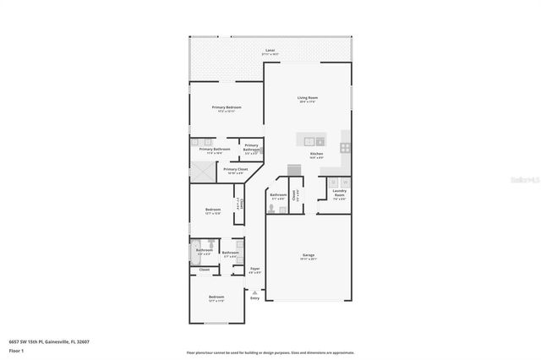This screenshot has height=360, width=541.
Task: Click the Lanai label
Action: [270, 52]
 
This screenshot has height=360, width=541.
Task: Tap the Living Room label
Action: [307, 99]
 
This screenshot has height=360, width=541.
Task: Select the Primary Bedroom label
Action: [226, 109]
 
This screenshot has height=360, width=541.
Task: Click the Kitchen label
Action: [316, 155]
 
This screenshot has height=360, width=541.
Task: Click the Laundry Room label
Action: [338, 196]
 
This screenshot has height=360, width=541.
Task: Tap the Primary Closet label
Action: [236, 170]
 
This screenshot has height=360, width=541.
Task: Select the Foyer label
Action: [254, 270]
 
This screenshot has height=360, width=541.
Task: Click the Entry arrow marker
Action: [254, 292]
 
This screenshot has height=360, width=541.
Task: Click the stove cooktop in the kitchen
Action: [346, 147]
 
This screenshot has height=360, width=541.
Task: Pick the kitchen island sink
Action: [309, 141]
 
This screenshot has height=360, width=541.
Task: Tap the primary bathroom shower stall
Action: [203, 170]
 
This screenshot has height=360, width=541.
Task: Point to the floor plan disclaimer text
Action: [270, 352]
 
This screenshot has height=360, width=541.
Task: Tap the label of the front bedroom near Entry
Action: [216, 297]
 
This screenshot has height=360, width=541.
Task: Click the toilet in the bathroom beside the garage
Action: [272, 207]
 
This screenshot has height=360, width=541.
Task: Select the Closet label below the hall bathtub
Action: [205, 270]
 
